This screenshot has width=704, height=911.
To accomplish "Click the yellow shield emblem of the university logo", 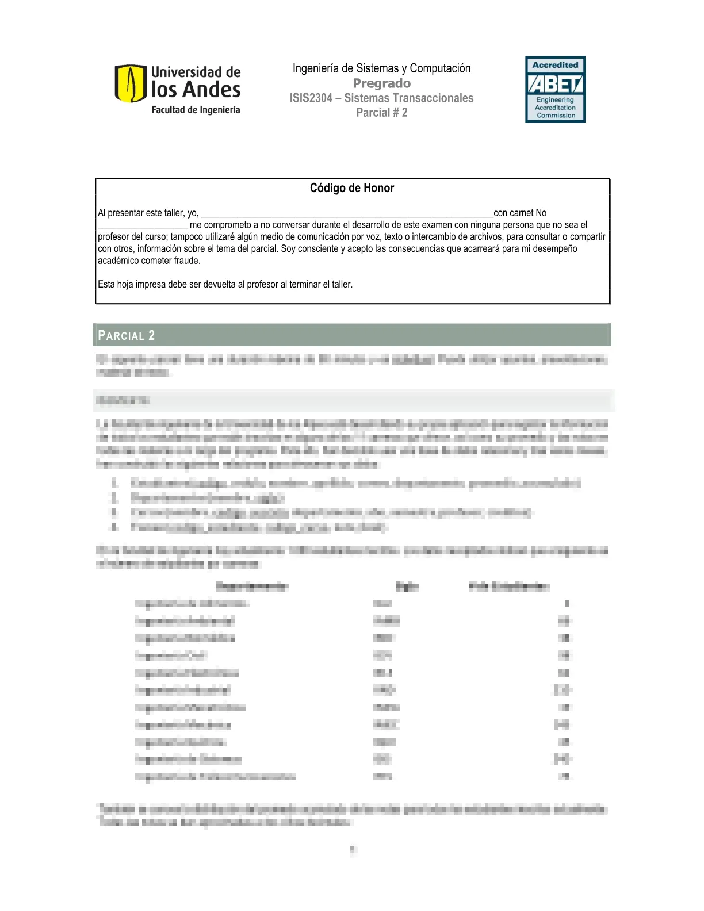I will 130,83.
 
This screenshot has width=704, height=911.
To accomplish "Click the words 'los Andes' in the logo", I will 196,90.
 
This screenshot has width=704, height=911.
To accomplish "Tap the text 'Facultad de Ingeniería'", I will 196,110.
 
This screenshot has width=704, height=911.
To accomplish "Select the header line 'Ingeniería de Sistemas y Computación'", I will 381,68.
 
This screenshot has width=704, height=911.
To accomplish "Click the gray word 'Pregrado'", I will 381,83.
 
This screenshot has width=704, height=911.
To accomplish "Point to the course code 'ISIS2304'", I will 311,98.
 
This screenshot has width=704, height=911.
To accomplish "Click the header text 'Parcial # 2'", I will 381,113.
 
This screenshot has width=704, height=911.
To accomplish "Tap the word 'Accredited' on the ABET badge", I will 555,65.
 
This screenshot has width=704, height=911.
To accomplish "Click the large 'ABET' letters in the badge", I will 555,85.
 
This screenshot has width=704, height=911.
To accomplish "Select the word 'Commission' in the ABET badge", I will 556,115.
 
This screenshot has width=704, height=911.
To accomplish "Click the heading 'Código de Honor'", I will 352,188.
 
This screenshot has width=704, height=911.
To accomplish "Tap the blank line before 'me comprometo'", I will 143,225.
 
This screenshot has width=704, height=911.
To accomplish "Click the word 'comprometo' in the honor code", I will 227,225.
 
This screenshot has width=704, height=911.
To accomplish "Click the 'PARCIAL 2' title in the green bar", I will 127,335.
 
